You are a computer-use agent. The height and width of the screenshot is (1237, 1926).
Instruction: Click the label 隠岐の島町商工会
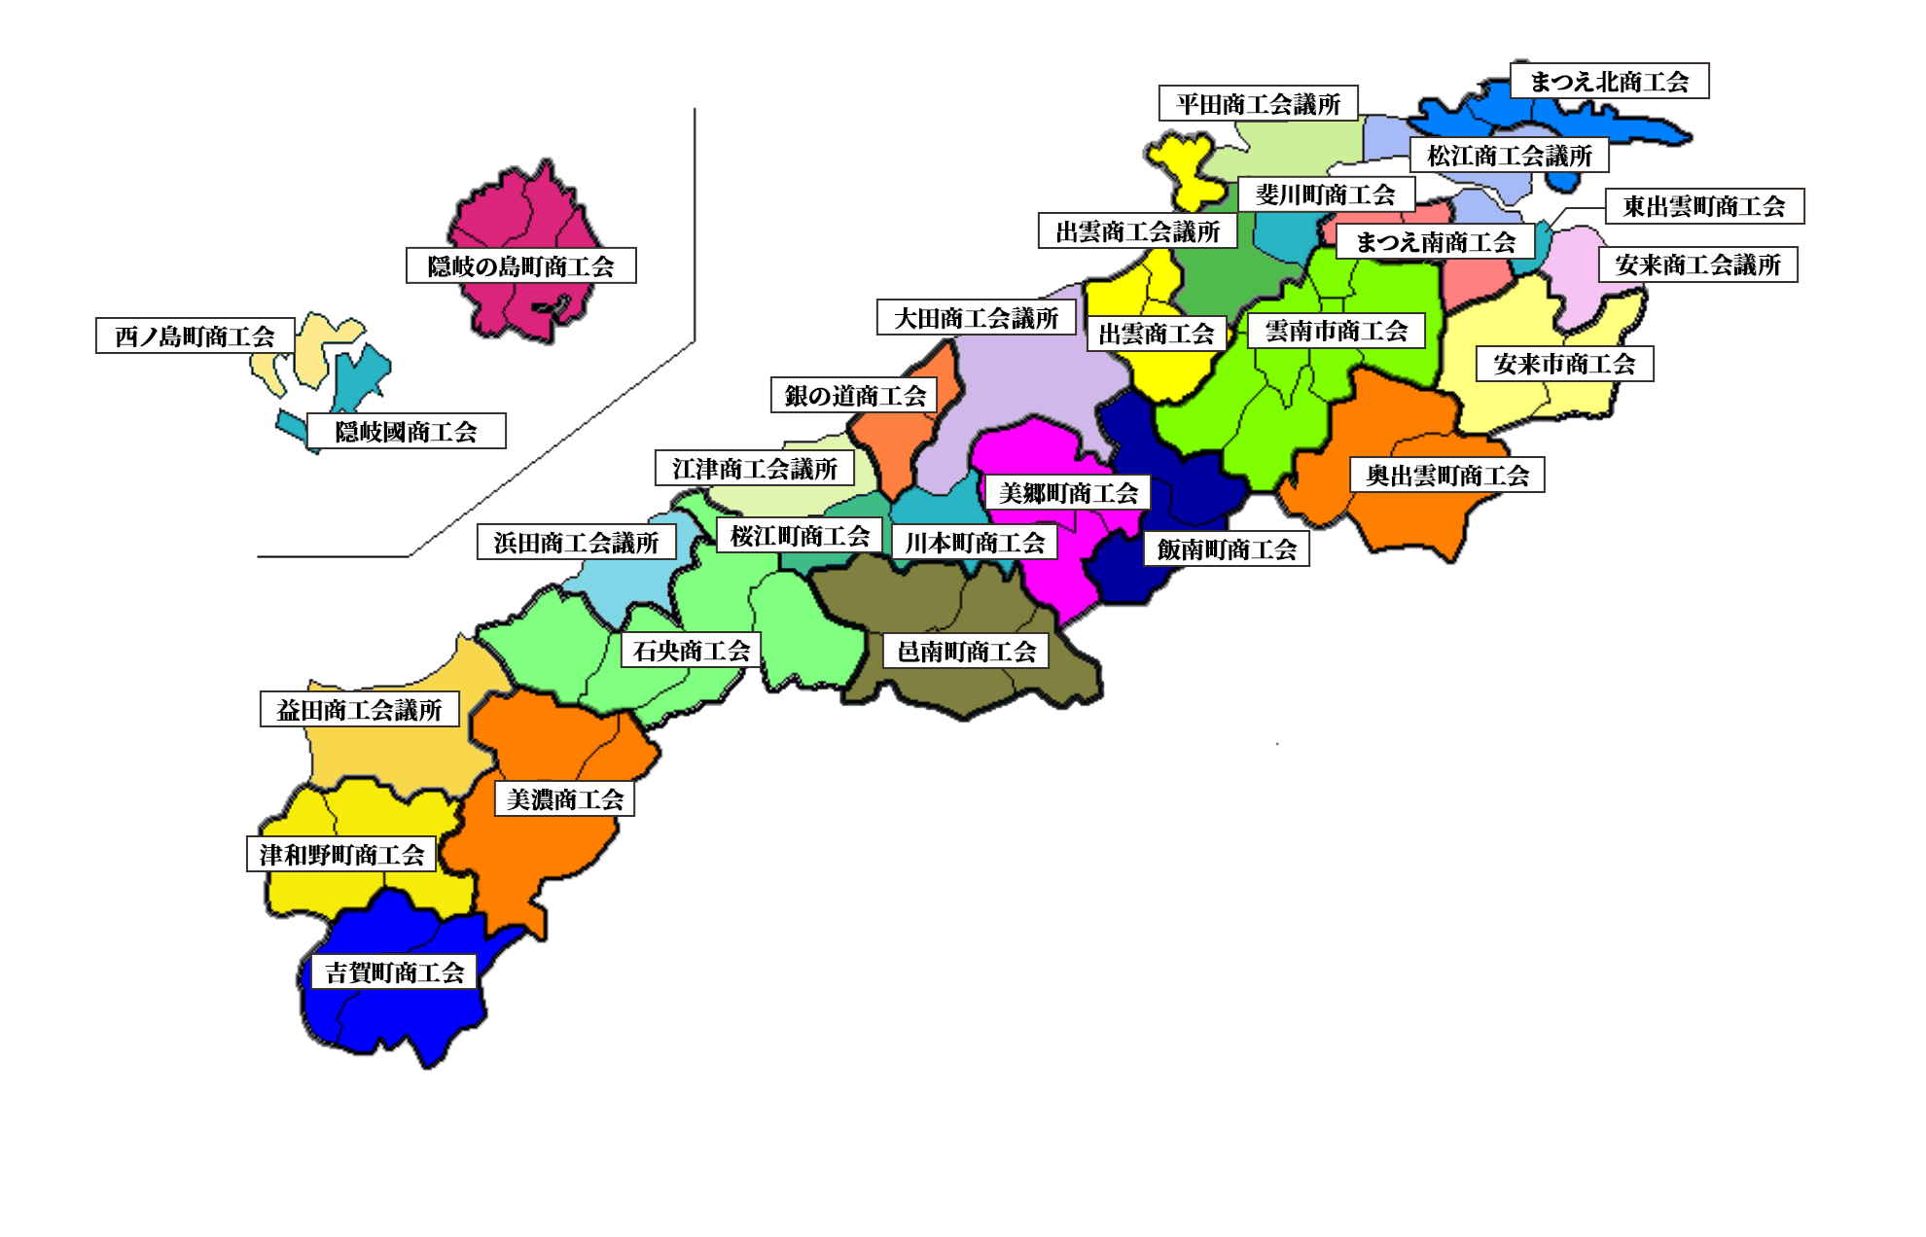[520, 265]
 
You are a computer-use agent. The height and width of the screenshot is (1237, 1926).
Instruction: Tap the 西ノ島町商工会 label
[195, 336]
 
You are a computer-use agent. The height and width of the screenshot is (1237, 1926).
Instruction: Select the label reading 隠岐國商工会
[407, 432]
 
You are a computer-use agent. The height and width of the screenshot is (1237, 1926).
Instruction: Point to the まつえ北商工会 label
[1609, 82]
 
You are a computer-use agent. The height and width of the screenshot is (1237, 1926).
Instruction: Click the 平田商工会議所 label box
[1258, 104]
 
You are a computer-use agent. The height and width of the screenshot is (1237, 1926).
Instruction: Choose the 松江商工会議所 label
[1509, 156]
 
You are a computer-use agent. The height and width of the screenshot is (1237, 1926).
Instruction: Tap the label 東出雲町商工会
[1704, 206]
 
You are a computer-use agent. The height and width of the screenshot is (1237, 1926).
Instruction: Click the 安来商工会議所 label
[1697, 265]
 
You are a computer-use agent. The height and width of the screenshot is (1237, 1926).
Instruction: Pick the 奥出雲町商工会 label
[1446, 476]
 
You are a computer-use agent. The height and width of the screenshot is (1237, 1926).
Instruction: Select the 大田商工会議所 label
[976, 318]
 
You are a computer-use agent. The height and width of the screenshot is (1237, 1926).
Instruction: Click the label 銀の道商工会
[854, 396]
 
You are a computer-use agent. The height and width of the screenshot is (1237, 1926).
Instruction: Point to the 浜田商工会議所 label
[576, 543]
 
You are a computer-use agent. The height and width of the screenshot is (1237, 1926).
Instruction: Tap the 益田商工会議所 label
[359, 710]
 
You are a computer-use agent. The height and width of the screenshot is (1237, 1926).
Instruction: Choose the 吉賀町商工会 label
[394, 972]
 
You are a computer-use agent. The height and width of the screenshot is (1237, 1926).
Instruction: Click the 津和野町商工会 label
[340, 855]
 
